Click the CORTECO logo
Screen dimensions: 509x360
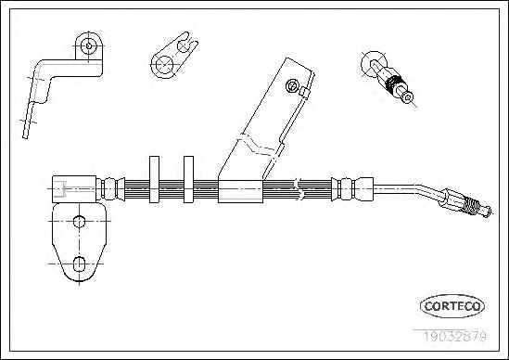[x=452, y=306]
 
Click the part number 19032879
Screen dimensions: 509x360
[x=454, y=336]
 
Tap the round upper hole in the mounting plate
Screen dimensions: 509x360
[x=79, y=222]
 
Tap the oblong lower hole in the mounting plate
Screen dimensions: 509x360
[x=79, y=264]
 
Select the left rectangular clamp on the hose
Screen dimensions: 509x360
[x=154, y=179]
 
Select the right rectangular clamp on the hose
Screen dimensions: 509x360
[x=188, y=179]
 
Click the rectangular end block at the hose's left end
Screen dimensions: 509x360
[x=74, y=189]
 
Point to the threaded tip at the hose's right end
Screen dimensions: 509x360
[x=479, y=209]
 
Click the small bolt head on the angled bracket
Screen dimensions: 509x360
[x=292, y=86]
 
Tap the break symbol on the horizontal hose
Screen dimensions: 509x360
[x=300, y=188]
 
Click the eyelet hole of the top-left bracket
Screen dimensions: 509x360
[x=89, y=45]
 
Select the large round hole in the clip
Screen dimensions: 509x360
[x=164, y=65]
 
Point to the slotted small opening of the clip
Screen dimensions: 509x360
[x=185, y=45]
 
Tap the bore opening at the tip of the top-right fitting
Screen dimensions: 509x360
[x=408, y=96]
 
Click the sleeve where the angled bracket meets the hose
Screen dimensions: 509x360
[x=240, y=191]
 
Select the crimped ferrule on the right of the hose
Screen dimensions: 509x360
[x=352, y=189]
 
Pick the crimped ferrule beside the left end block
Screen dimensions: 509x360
[x=110, y=189]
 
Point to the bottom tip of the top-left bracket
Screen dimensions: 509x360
[x=25, y=136]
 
